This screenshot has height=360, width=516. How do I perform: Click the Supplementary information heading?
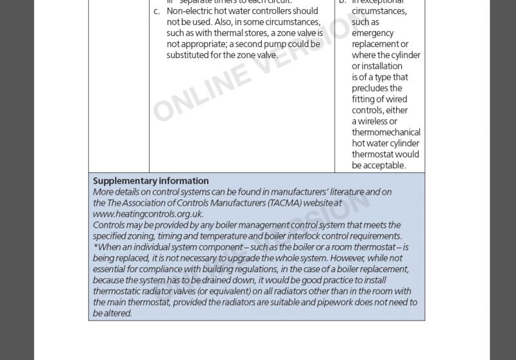click(x=151, y=181)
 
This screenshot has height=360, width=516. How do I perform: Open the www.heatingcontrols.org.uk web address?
click(x=148, y=214)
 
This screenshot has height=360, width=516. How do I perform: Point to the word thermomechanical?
click(x=386, y=132)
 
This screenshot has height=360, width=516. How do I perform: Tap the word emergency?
click(x=373, y=33)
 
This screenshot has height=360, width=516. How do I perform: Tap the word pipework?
click(x=338, y=302)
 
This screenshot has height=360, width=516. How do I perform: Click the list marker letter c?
click(x=156, y=11)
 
